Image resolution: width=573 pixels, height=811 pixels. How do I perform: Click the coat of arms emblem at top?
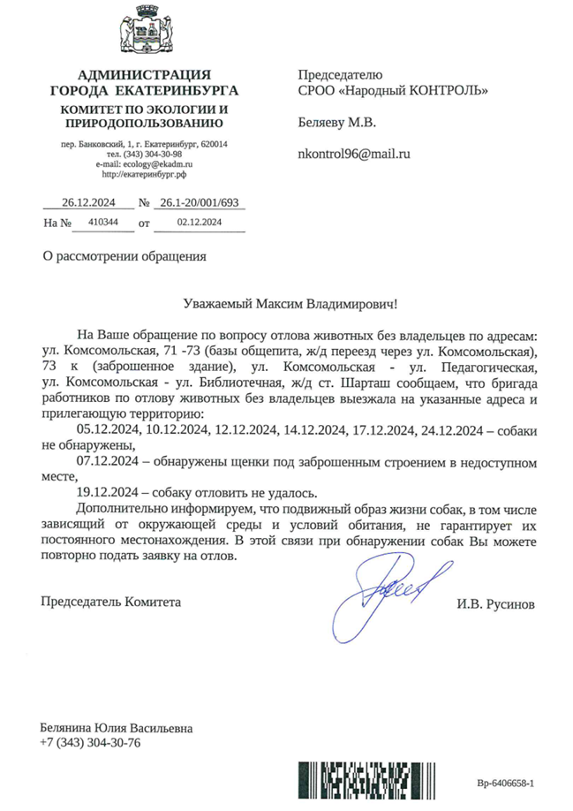(144, 31)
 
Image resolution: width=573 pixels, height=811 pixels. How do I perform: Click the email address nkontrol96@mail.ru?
(354, 153)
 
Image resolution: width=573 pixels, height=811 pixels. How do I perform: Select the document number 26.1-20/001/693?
(200, 202)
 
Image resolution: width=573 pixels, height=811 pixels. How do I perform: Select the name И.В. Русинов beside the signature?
(495, 605)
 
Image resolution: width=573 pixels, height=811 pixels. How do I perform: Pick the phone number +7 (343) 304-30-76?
(90, 743)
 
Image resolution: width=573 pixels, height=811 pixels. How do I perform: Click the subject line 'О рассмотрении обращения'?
(124, 257)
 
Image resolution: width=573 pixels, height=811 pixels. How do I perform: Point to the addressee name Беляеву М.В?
(337, 121)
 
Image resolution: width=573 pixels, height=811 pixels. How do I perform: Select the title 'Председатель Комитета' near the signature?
(110, 602)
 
